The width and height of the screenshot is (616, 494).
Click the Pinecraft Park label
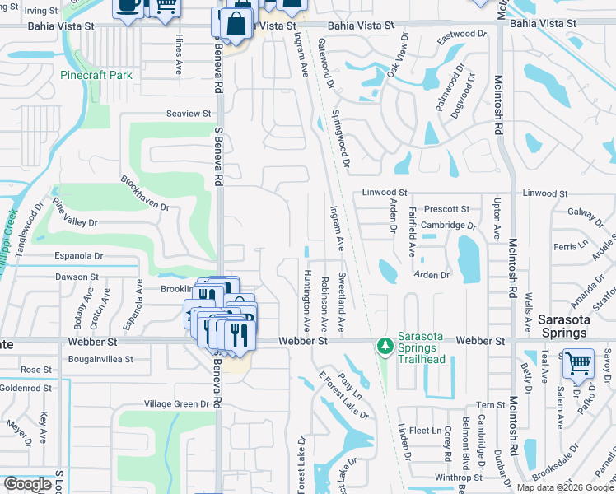click(x=96, y=75)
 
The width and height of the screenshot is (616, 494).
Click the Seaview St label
click(x=189, y=114)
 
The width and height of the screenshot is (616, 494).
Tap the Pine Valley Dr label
click(x=75, y=212)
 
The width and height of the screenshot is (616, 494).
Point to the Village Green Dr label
click(x=177, y=404)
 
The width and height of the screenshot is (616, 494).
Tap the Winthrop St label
click(x=459, y=478)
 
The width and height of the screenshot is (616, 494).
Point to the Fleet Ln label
click(x=425, y=430)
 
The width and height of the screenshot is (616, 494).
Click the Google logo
click(x=27, y=484)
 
